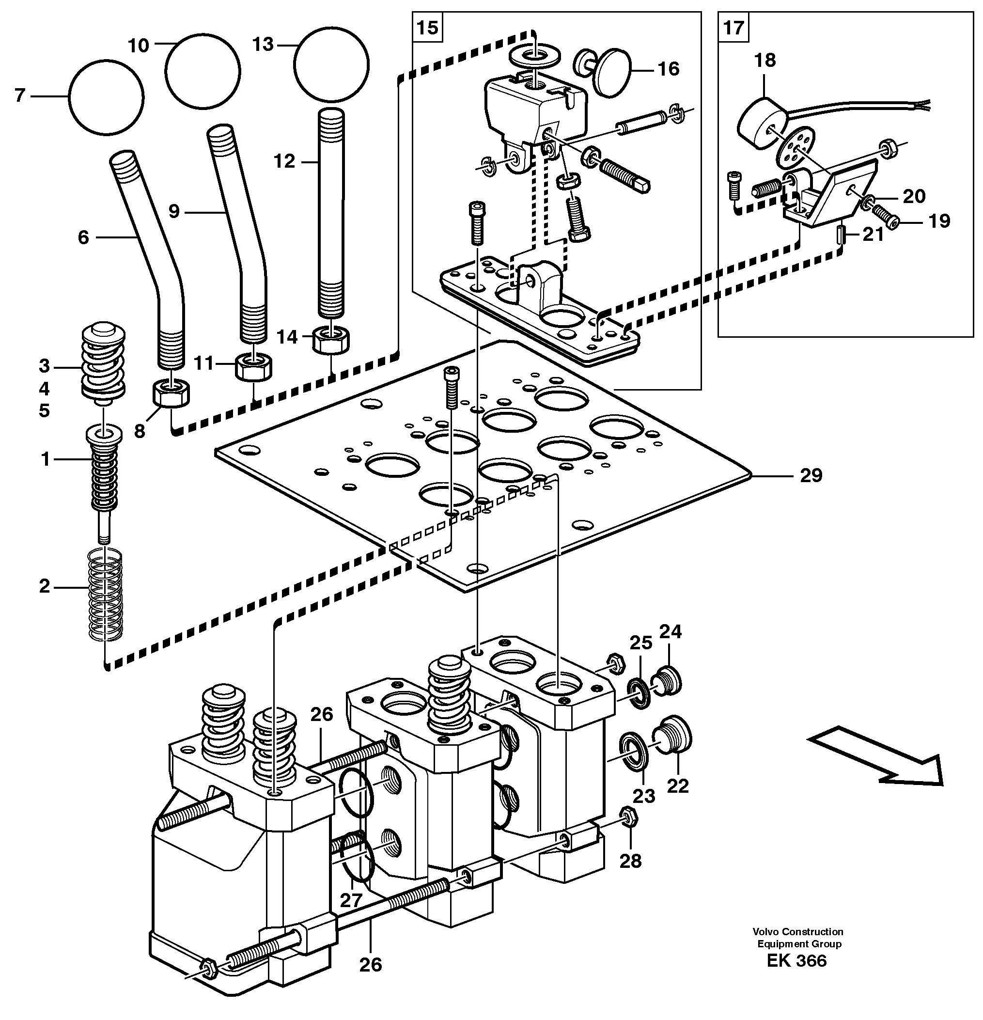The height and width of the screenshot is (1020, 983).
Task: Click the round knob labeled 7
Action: coord(106,97)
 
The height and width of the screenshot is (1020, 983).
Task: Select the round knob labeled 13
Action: coord(331,64)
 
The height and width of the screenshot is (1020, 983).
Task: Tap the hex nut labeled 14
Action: coord(331,339)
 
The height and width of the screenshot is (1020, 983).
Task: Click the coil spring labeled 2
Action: coord(105,594)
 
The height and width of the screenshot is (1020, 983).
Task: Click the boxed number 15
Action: coord(428,27)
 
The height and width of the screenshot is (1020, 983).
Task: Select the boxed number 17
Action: coord(733,27)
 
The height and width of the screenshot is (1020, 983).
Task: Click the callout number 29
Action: coord(811,475)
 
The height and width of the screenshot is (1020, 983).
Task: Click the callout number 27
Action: coord(351,900)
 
